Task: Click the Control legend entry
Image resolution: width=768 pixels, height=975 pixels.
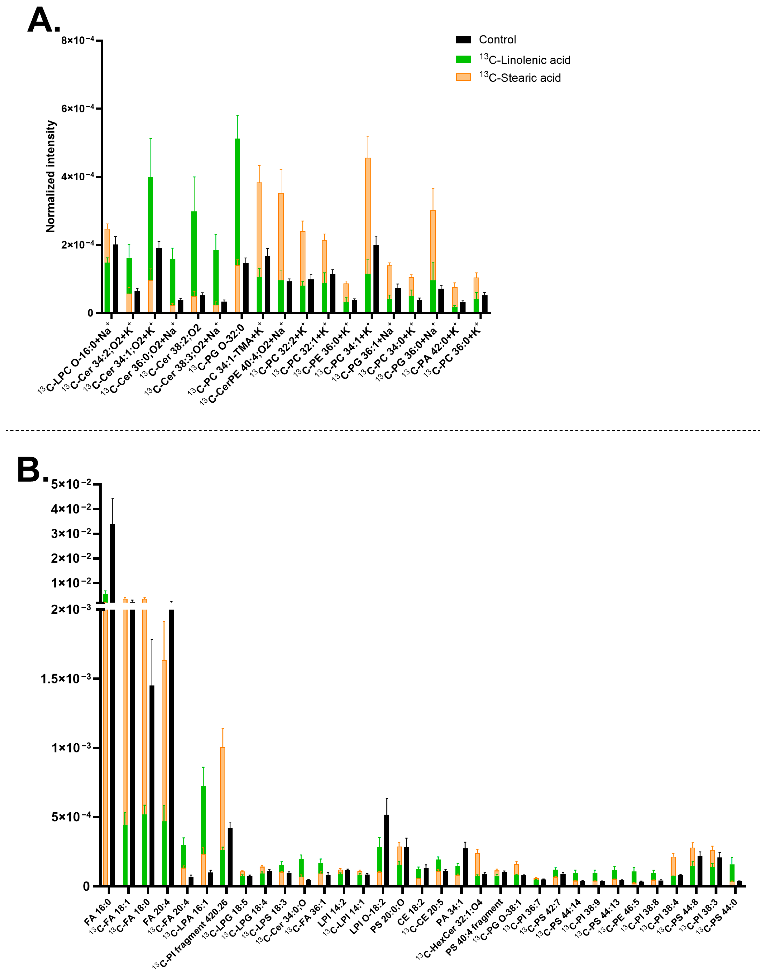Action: point(497,40)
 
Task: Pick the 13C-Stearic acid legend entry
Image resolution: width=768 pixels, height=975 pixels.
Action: point(519,78)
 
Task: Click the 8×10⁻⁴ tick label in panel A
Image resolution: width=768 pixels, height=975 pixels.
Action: point(78,40)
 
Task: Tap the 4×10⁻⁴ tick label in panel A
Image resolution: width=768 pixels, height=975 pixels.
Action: point(78,177)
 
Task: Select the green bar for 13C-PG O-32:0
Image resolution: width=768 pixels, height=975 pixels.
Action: point(238,202)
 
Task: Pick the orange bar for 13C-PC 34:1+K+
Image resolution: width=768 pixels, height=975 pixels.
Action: point(368,216)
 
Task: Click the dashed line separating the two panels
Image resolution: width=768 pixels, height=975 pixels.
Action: point(382,431)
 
